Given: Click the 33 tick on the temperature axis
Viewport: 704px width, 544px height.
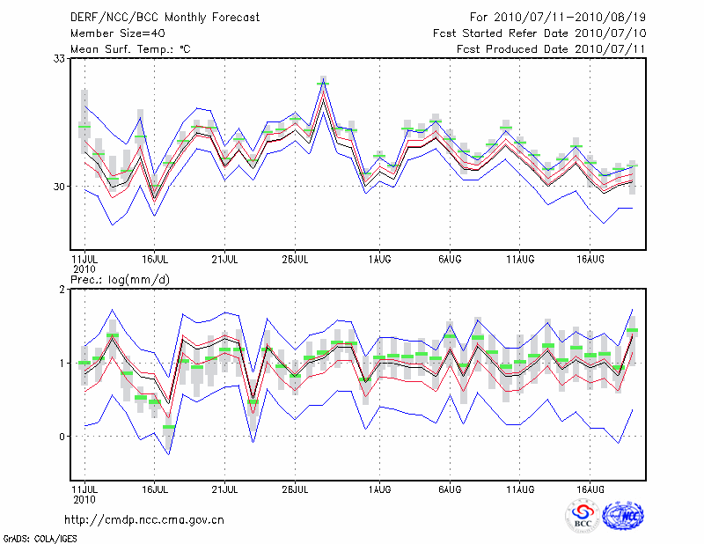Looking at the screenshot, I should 60,58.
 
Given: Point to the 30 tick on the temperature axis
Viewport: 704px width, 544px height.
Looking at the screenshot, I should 60,187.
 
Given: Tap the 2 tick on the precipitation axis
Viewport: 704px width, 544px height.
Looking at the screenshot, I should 62,290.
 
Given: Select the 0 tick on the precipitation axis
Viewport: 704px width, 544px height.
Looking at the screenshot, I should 62,437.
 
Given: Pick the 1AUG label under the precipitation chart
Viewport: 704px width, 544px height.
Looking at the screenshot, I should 379,487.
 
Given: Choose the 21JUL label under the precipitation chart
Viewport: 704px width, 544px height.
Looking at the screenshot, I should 225,487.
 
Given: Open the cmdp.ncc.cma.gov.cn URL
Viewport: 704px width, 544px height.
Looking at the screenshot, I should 144,519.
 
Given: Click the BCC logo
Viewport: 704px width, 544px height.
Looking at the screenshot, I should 583,517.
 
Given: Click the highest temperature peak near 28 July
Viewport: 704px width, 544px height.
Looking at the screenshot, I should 323,83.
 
